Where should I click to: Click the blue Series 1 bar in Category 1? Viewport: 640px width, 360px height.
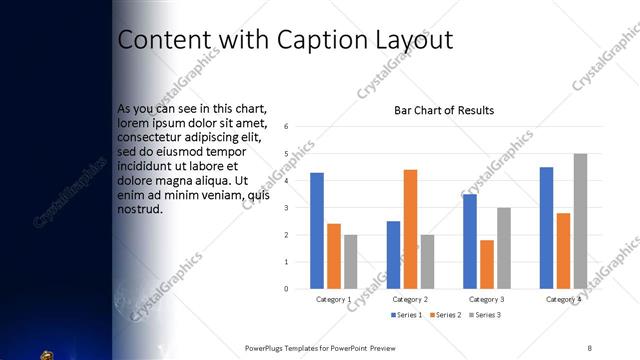pos(317,231)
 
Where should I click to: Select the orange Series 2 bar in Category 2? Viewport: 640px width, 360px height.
pos(410,229)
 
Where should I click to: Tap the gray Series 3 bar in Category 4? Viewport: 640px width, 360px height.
pos(580,221)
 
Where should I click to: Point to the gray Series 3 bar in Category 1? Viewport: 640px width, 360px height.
pos(351,262)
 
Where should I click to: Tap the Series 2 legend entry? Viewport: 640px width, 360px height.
pos(445,316)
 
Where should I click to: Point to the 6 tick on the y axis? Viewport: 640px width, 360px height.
pos(287,127)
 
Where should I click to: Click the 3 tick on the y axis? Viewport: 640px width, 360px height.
pos(287,208)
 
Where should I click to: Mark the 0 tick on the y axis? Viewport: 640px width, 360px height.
pos(287,289)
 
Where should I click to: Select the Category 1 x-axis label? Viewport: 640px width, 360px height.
pos(334,300)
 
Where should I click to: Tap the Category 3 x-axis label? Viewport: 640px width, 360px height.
pos(487,300)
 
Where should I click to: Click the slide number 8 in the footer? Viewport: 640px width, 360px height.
pos(589,347)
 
